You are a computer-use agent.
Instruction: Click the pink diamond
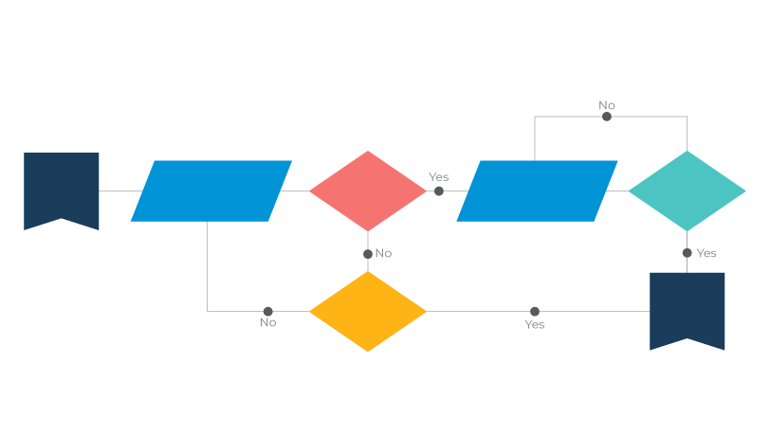pyautogui.click(x=368, y=191)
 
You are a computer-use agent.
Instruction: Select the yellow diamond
pyautogui.click(x=368, y=312)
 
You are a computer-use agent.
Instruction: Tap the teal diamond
pyautogui.click(x=687, y=191)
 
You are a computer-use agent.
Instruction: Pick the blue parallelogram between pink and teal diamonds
pyautogui.click(x=537, y=191)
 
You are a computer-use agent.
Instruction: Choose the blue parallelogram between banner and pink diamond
pyautogui.click(x=211, y=191)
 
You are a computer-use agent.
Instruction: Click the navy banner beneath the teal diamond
pyautogui.click(x=687, y=309)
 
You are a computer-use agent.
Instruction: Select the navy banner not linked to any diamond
pyautogui.click(x=62, y=188)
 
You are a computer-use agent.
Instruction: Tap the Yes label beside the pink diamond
pyautogui.click(x=438, y=177)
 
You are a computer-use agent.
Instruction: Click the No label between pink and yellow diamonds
pyautogui.click(x=383, y=253)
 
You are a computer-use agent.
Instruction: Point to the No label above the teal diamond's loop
pyautogui.click(x=607, y=105)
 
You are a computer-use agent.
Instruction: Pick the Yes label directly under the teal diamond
pyautogui.click(x=706, y=253)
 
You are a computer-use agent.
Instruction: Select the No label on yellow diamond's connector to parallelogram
pyautogui.click(x=268, y=323)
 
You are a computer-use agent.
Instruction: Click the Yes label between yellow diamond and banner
pyautogui.click(x=535, y=324)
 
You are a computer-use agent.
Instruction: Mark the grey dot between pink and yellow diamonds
pyautogui.click(x=368, y=253)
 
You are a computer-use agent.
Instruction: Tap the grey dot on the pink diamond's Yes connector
pyautogui.click(x=439, y=191)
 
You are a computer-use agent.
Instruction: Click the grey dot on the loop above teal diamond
pyautogui.click(x=607, y=117)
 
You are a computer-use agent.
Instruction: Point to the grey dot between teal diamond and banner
pyautogui.click(x=687, y=253)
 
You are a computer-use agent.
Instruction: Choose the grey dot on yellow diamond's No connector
pyautogui.click(x=268, y=311)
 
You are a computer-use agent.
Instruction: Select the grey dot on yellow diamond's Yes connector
pyautogui.click(x=535, y=311)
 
